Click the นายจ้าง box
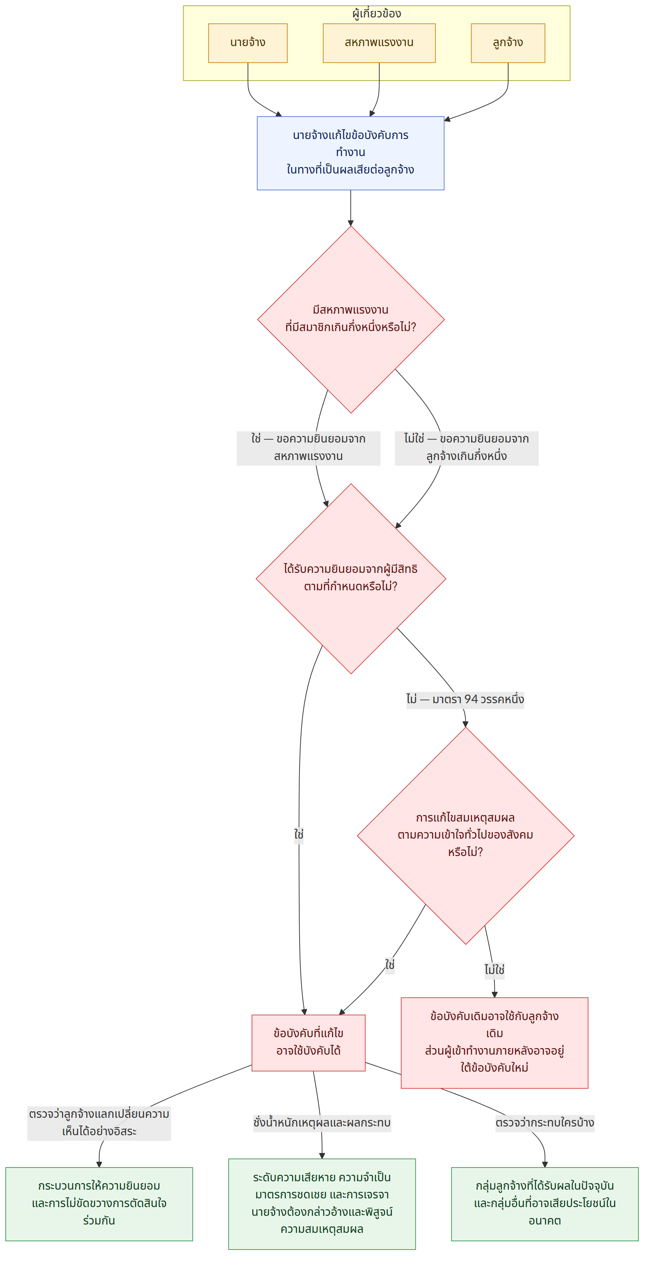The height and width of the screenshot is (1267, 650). tap(248, 43)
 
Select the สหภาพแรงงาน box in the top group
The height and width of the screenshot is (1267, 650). tap(379, 43)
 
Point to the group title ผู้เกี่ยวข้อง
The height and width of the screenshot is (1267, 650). tap(377, 14)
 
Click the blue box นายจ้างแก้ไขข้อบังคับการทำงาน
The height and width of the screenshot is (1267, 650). tap(350, 153)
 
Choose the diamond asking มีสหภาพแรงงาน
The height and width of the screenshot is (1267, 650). tap(351, 320)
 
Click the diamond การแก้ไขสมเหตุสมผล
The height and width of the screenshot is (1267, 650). tap(465, 836)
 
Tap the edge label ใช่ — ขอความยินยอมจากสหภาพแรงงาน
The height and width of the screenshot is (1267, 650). tap(309, 448)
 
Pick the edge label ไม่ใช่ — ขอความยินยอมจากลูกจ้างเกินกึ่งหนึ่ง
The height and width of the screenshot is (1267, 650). tap(467, 448)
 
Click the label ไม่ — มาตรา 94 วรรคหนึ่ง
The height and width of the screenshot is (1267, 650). tap(465, 700)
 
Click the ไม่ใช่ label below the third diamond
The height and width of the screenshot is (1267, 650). tap(494, 970)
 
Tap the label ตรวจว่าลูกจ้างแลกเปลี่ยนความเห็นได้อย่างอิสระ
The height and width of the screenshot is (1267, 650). tap(99, 1123)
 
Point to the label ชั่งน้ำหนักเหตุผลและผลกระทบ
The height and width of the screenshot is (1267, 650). tap(322, 1123)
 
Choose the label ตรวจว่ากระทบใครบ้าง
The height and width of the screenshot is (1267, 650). tap(545, 1123)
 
